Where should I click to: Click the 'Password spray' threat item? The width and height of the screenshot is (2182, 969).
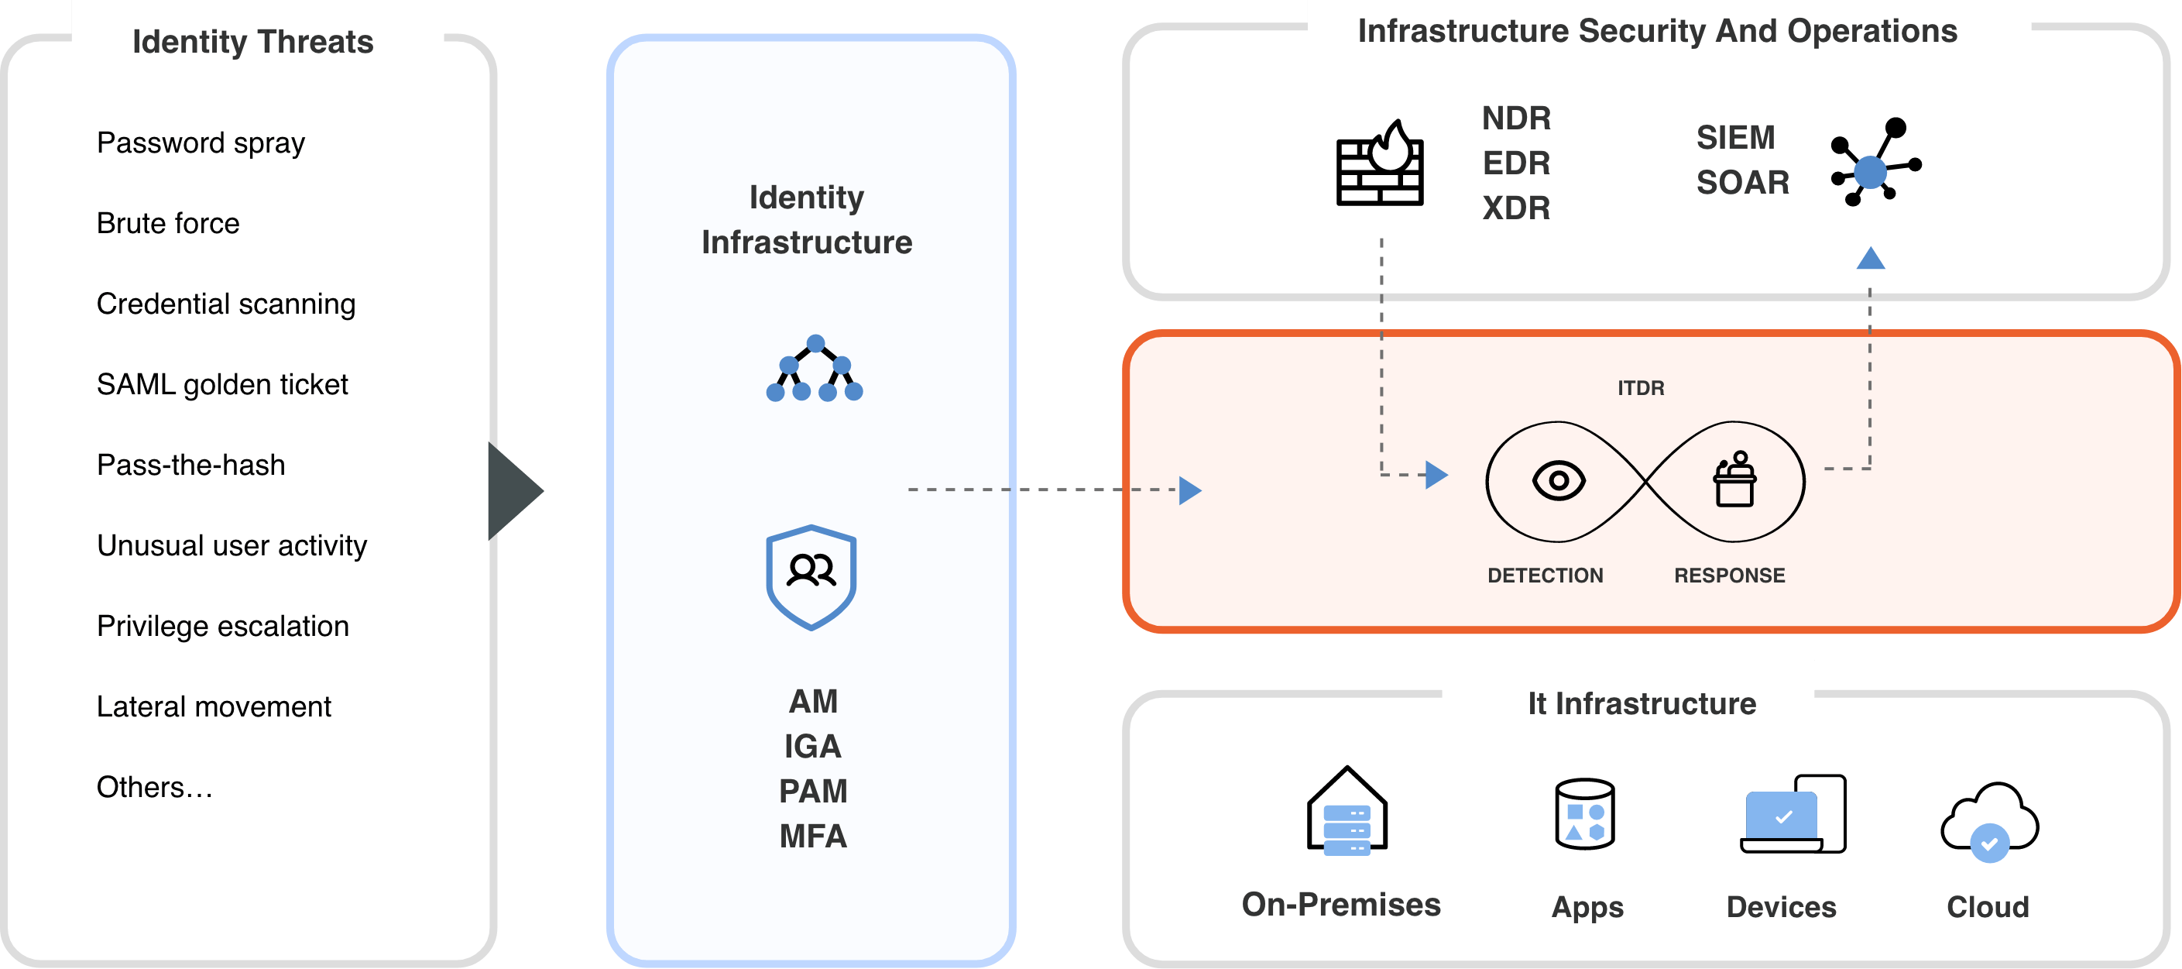coord(201,143)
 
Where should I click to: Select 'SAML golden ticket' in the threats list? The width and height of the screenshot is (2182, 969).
coord(222,384)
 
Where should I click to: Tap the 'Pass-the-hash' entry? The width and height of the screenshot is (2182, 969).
coord(190,465)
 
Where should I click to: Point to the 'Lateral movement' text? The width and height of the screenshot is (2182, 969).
coord(214,706)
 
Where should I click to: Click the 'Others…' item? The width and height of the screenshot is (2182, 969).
coord(154,787)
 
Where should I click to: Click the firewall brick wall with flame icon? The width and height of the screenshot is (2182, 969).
coord(1380,163)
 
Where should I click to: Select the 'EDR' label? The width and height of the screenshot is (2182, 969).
coord(1515,163)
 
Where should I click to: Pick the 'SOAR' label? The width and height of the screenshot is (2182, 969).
coord(1742,183)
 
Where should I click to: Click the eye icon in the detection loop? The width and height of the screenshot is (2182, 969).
coord(1559,481)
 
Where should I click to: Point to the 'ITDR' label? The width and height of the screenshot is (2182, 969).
coord(1641,388)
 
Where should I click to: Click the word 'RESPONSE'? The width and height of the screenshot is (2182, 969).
coord(1729,576)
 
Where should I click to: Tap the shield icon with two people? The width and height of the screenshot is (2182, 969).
coord(811,577)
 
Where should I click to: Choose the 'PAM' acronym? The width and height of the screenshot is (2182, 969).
coord(813,791)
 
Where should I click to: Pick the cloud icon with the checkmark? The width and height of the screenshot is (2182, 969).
coord(1990,822)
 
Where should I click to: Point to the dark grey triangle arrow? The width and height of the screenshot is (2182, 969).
coord(513,491)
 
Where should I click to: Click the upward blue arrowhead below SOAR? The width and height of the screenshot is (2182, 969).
coord(1870,259)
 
